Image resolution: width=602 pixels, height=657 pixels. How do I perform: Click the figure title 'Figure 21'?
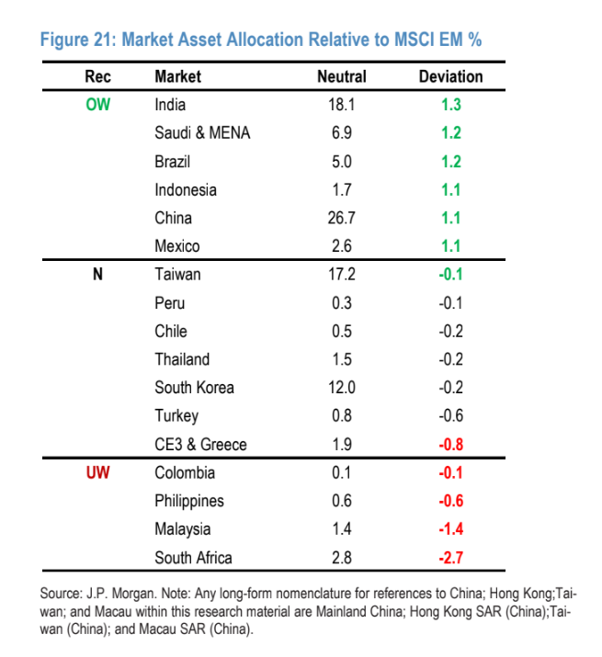click(x=262, y=40)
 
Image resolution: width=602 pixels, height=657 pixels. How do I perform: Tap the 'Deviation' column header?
click(x=450, y=76)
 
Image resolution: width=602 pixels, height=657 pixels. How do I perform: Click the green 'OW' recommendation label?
click(x=97, y=105)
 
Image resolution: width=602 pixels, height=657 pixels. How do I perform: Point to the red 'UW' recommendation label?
click(x=97, y=472)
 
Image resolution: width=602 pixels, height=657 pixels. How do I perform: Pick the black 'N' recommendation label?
click(x=97, y=274)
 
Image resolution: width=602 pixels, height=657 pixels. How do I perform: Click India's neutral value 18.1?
click(x=341, y=105)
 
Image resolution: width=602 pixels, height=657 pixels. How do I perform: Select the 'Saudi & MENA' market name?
click(x=202, y=133)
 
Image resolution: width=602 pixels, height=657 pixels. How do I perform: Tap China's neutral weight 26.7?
click(x=341, y=218)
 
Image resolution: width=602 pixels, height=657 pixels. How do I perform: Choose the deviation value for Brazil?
click(x=450, y=162)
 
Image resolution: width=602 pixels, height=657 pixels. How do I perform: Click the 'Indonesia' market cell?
click(x=186, y=189)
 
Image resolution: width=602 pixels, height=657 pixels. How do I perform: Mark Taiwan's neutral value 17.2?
click(x=341, y=274)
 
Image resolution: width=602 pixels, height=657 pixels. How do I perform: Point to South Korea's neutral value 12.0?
click(x=341, y=387)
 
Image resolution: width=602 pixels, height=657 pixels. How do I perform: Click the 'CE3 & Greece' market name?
click(x=200, y=444)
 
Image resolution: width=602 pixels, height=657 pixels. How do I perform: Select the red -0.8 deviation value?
click(x=450, y=444)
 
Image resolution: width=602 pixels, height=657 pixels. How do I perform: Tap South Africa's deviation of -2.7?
click(x=450, y=557)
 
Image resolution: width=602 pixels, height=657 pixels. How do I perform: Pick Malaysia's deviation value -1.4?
click(x=450, y=528)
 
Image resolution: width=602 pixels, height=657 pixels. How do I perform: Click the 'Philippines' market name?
click(x=189, y=501)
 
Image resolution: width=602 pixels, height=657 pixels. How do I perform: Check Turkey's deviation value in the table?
click(x=450, y=415)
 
